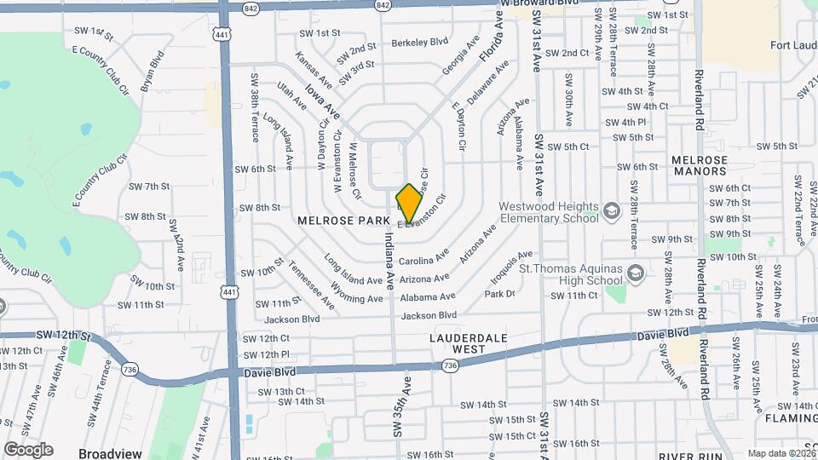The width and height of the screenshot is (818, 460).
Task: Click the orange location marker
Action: pos(410,203)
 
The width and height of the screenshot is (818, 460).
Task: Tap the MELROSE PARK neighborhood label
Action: pos(337,220)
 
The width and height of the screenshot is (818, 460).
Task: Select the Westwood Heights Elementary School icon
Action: pos(612,210)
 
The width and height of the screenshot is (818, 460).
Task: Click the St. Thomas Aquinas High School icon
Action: pos(633,273)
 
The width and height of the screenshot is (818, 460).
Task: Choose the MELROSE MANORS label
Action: pos(699,165)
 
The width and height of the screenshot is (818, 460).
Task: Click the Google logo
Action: pos(28,449)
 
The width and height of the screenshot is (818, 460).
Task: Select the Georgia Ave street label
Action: pos(461,55)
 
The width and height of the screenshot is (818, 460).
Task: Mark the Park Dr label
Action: pos(500,294)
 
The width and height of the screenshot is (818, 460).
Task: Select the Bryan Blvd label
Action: pos(153,72)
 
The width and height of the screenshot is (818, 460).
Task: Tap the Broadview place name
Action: pos(110,453)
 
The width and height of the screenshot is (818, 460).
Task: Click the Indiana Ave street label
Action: pos(389,260)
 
